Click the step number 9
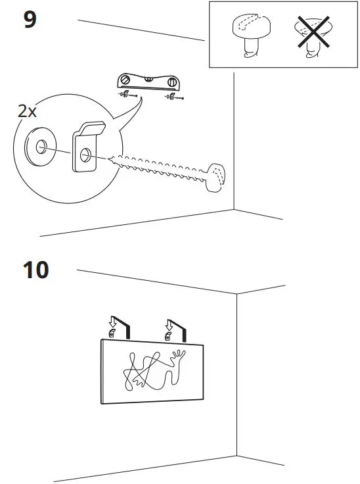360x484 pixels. click(x=30, y=19)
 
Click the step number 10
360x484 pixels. click(x=35, y=270)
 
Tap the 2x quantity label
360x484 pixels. click(x=27, y=111)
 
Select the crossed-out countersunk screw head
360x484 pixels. click(x=313, y=36)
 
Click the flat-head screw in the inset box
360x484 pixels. click(x=251, y=35)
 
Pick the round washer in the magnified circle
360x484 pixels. click(x=41, y=147)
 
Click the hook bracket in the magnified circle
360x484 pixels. click(x=87, y=146)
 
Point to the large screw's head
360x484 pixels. click(x=215, y=177)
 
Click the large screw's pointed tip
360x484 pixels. click(x=108, y=159)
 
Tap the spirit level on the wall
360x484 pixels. click(x=148, y=82)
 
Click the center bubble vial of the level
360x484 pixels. click(x=148, y=80)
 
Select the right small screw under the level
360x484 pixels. click(x=175, y=97)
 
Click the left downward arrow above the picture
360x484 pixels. click(x=112, y=323)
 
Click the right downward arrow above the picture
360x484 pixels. click(x=169, y=325)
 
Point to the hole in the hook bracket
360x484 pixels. click(x=85, y=155)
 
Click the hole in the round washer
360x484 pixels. click(x=41, y=147)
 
